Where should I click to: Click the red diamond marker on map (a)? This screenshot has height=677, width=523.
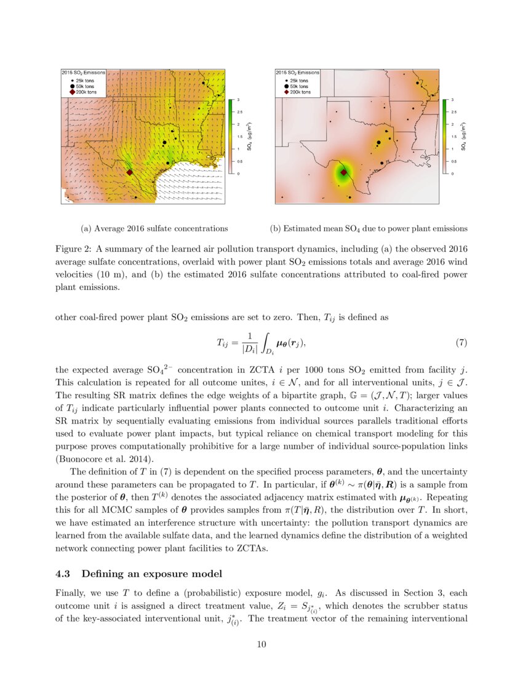(x=129, y=173)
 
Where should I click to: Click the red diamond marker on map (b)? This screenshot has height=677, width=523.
(x=343, y=173)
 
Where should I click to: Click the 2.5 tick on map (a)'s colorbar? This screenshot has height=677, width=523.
(x=239, y=112)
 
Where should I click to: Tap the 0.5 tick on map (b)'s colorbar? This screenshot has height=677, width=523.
(x=453, y=161)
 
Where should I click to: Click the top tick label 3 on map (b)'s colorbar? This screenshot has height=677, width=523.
(x=452, y=100)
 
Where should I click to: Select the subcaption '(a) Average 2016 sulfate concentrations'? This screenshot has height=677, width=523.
(x=154, y=228)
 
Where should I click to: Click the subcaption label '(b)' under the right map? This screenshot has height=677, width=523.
(x=276, y=228)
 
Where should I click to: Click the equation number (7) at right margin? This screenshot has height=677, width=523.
(x=461, y=342)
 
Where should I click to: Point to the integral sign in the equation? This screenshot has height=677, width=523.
(x=266, y=342)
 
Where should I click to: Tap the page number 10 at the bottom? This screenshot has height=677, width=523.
(x=261, y=644)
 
